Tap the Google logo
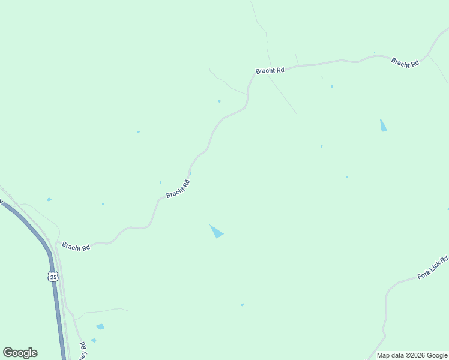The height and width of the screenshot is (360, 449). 20,353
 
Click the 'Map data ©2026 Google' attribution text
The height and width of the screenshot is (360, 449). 412,355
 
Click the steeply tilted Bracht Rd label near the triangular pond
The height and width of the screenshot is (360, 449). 178,190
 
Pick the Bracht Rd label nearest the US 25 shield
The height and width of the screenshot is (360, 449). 76,247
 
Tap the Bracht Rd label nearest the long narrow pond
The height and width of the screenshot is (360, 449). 405,62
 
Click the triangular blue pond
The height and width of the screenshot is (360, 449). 216,231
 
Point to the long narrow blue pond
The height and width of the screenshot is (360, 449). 383,125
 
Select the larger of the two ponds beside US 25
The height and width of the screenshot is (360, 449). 100,327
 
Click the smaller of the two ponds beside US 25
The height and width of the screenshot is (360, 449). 94,340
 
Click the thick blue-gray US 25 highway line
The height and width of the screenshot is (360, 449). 58,306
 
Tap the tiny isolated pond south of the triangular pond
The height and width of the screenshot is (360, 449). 243,305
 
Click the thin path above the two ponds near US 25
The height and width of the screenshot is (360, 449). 102,311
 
